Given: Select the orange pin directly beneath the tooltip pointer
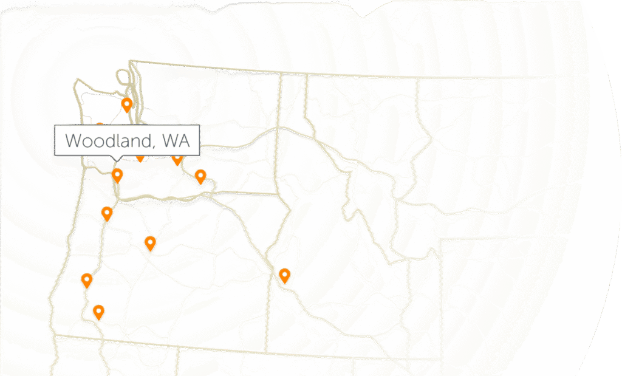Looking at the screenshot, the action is pyautogui.click(x=117, y=176).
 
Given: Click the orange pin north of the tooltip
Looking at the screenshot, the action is pyautogui.click(x=126, y=104).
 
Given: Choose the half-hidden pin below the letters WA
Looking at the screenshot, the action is pyautogui.click(x=177, y=159).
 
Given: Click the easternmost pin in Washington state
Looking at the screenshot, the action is pyautogui.click(x=200, y=177).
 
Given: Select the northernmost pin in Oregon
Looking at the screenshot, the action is pyautogui.click(x=107, y=213).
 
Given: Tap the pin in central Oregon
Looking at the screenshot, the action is pyautogui.click(x=150, y=243).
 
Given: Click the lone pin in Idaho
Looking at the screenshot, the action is pyautogui.click(x=284, y=276).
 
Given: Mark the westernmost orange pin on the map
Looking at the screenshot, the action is pyautogui.click(x=87, y=280).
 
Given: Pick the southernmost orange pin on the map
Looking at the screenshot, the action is pyautogui.click(x=98, y=312).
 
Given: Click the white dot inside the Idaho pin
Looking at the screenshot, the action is pyautogui.click(x=284, y=274).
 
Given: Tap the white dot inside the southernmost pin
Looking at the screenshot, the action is pyautogui.click(x=98, y=310).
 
